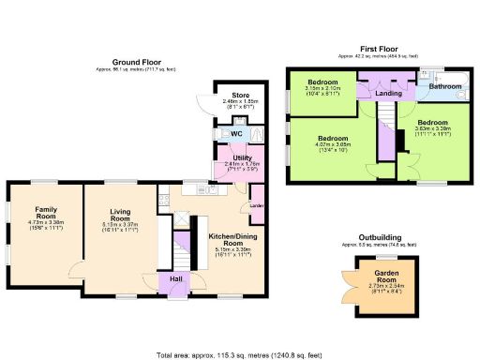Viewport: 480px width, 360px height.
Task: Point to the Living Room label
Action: [118, 215]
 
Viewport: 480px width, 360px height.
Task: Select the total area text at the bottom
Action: [239, 353]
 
